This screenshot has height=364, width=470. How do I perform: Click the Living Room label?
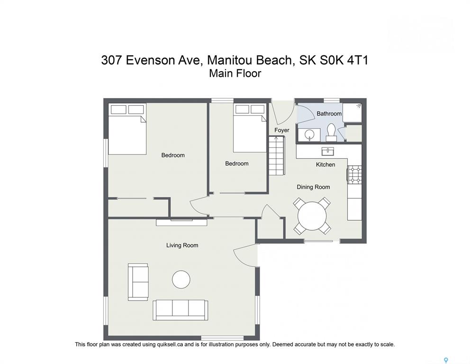click(182, 245)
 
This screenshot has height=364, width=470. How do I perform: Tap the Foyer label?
click(282, 130)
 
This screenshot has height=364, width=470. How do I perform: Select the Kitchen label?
click(325, 164)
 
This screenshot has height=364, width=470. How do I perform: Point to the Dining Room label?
click(313, 187)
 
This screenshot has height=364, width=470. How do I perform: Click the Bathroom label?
click(329, 114)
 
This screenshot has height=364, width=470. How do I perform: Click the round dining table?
click(312, 216)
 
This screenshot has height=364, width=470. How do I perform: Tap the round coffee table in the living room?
click(181, 280)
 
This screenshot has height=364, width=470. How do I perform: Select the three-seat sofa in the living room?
click(181, 309)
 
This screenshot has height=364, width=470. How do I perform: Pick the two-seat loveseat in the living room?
click(138, 282)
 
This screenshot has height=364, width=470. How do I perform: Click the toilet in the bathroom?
click(331, 132)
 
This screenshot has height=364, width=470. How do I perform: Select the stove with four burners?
click(355, 175)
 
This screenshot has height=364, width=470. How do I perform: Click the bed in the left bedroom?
click(127, 129)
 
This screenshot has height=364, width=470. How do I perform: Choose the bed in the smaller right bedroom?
click(250, 128)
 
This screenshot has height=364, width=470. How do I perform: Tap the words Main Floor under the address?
click(235, 73)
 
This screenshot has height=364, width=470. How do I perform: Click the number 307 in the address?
click(112, 60)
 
